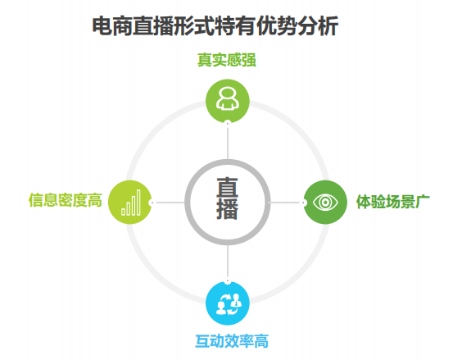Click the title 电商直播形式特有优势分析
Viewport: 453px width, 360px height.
[x=215, y=26]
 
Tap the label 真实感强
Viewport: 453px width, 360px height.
[x=227, y=60]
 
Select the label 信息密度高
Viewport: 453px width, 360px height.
[x=66, y=200]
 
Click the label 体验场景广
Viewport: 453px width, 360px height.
[x=393, y=201]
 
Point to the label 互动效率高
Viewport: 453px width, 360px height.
[x=232, y=341]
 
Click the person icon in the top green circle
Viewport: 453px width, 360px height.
[x=228, y=98]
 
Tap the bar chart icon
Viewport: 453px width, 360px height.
[x=131, y=203]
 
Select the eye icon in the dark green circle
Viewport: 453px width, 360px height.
[x=325, y=202]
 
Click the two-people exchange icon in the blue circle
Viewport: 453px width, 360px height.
[x=229, y=304]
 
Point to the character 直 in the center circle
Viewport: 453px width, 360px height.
[x=228, y=187]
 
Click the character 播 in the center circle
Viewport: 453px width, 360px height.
[x=228, y=209]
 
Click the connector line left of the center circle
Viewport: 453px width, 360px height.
[x=169, y=203]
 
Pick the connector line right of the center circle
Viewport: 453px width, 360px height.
[x=286, y=203]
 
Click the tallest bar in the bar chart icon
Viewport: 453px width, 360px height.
[x=138, y=203]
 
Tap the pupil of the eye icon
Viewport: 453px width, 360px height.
[x=325, y=202]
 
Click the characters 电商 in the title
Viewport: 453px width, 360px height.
[x=112, y=26]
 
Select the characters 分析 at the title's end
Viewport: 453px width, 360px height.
[x=318, y=26]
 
